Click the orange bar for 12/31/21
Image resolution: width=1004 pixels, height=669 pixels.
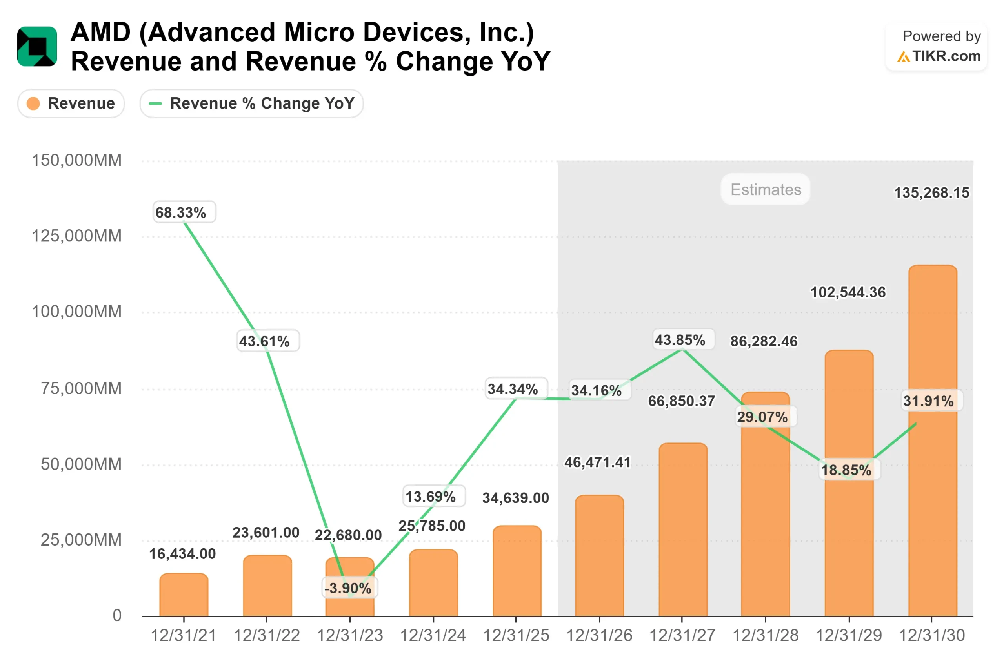(x=184, y=595)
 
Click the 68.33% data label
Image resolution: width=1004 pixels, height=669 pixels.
(x=184, y=212)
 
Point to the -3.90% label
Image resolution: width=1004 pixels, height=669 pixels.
(x=349, y=588)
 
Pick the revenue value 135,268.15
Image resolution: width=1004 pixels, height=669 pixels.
(x=931, y=193)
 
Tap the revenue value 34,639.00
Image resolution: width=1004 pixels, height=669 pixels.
(x=516, y=498)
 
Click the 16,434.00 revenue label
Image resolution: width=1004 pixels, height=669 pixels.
(x=182, y=554)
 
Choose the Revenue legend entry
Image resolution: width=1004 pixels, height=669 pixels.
(x=71, y=103)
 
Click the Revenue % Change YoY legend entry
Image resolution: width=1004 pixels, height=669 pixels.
(x=251, y=103)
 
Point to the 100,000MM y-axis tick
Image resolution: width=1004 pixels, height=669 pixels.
(x=77, y=312)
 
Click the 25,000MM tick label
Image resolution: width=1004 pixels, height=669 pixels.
(x=81, y=540)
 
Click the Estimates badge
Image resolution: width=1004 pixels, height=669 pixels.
(x=766, y=189)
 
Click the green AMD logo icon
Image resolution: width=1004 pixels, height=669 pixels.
(x=37, y=47)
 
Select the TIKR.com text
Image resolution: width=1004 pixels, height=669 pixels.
(x=946, y=56)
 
